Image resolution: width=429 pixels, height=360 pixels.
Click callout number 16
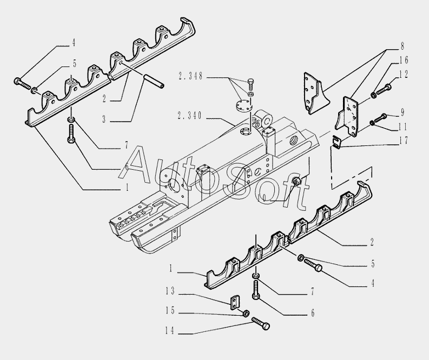coord(404,60)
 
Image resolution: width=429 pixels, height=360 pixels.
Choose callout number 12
coord(404,74)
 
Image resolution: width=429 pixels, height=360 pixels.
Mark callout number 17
coord(404,142)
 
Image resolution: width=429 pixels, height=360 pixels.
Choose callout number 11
coord(404,128)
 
